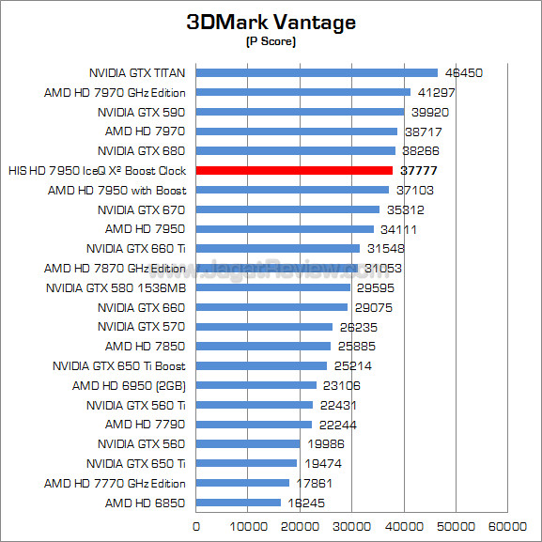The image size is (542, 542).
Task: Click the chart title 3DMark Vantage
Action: [x=271, y=23]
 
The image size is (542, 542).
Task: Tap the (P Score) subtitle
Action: [x=271, y=41]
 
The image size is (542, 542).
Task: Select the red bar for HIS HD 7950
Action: [x=294, y=170]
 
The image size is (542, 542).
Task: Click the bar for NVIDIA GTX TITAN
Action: [x=317, y=72]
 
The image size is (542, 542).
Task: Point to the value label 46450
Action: [x=463, y=73]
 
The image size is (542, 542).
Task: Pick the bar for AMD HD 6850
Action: [x=239, y=503]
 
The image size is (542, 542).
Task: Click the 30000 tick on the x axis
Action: [x=351, y=526]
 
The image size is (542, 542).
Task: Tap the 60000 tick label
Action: [x=507, y=526]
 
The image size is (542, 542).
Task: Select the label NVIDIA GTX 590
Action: [x=142, y=113]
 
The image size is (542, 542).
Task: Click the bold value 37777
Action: [x=419, y=170]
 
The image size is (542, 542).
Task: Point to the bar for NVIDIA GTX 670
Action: [x=287, y=209]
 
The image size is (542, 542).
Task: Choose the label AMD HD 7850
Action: [x=146, y=346]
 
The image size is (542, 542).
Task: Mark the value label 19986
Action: [x=326, y=443]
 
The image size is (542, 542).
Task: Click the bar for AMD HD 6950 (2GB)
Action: [x=256, y=385]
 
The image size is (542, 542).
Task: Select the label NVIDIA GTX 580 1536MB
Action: [x=116, y=288]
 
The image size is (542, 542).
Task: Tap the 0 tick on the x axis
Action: [x=196, y=526]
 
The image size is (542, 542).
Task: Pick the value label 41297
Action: [x=437, y=92]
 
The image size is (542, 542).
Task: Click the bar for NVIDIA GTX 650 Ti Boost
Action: [x=261, y=365]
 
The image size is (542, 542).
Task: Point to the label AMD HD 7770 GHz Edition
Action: [x=115, y=483]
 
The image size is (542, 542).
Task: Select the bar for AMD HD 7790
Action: [x=254, y=425]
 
